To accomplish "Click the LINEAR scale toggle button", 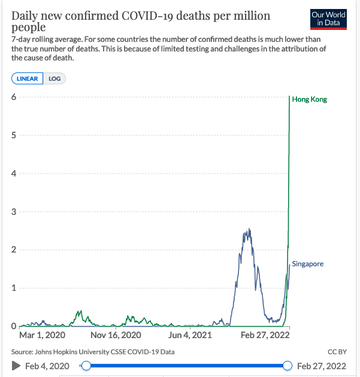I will [x=28, y=78].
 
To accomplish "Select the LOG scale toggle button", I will [x=55, y=78].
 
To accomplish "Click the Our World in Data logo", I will [x=328, y=19].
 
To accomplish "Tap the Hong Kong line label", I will [x=309, y=99].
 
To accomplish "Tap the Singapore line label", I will [x=308, y=264].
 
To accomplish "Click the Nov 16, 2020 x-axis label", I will [x=116, y=335].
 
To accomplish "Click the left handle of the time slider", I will [x=86, y=366].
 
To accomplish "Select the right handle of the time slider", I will [x=288, y=366].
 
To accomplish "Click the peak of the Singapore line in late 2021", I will [x=247, y=229].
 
